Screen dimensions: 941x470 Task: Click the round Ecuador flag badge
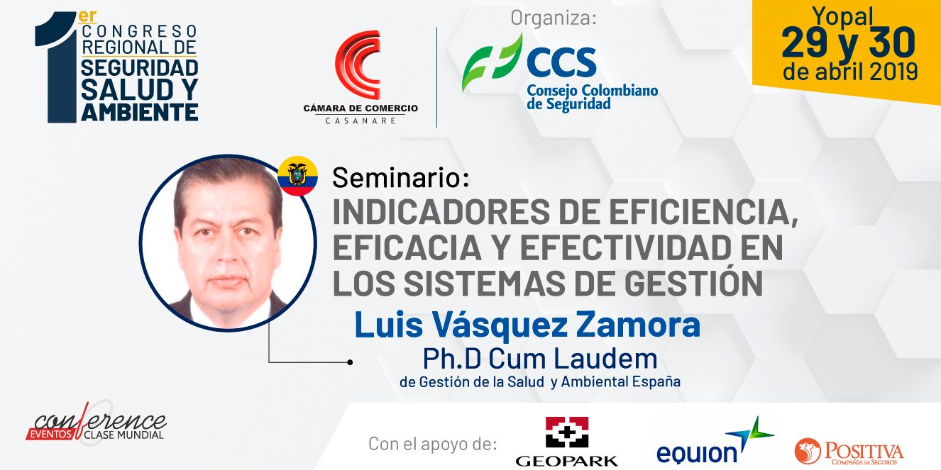[297, 176]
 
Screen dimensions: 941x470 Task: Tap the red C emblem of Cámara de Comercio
[358, 65]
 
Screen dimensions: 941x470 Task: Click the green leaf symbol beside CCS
[492, 62]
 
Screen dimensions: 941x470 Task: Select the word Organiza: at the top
[554, 18]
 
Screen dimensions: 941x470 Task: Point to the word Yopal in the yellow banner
[842, 16]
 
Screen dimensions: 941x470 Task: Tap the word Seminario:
[401, 177]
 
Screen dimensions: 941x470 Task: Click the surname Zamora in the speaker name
[638, 325]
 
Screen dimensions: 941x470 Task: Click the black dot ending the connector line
[350, 362]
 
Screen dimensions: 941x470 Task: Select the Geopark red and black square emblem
[567, 432]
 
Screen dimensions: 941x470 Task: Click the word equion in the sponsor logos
[696, 453]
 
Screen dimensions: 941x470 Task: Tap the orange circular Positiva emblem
[808, 451]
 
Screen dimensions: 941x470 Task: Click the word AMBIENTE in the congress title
[140, 112]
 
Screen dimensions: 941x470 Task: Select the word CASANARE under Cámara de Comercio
[361, 121]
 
